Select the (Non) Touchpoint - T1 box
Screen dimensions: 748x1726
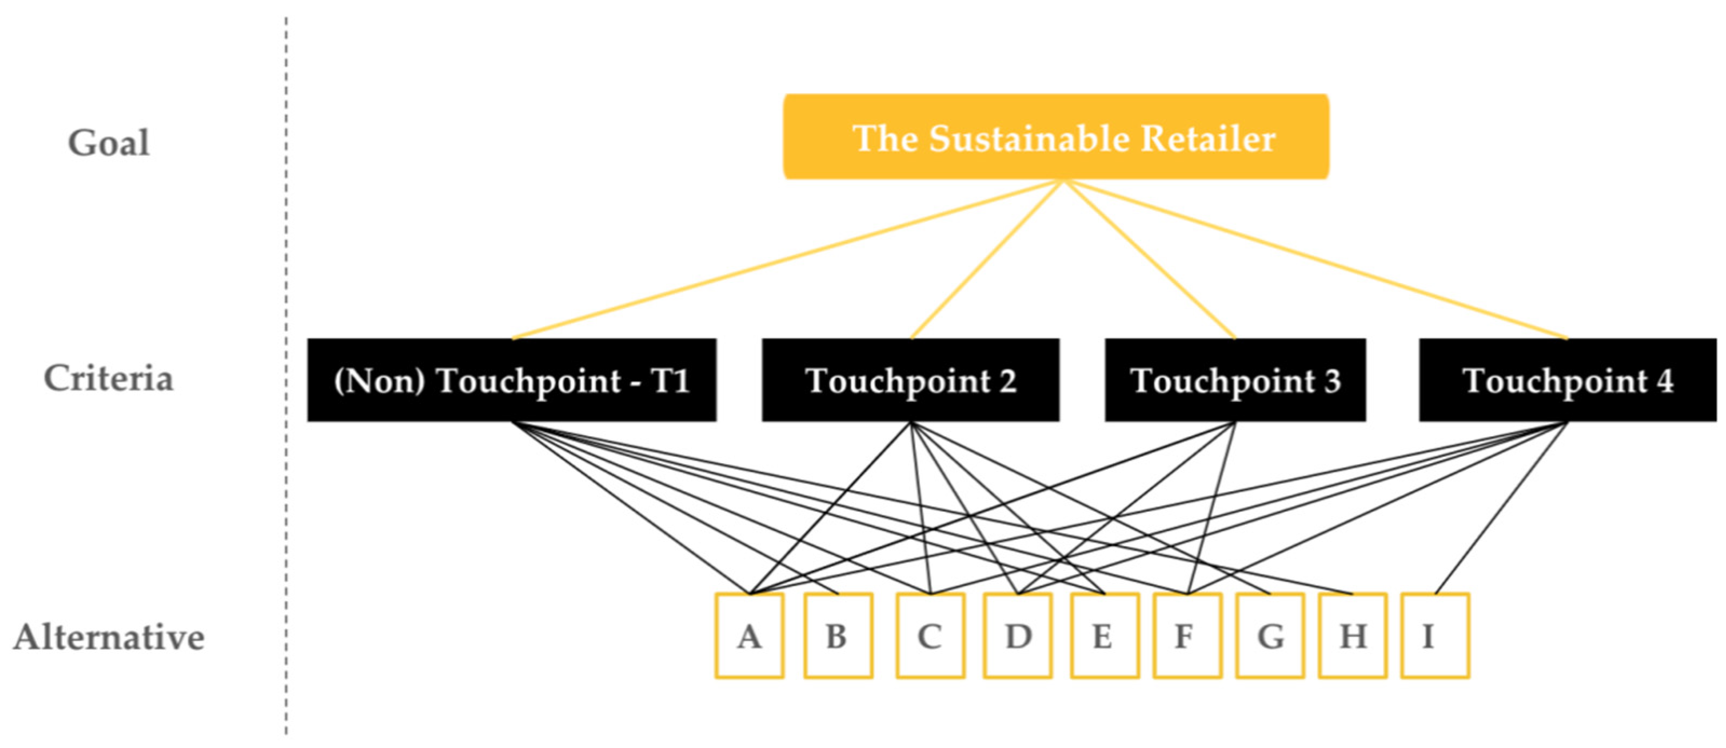(x=511, y=380)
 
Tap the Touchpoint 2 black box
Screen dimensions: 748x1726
(x=910, y=380)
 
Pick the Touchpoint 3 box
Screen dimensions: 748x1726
(x=1235, y=380)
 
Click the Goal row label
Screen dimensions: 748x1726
(x=108, y=142)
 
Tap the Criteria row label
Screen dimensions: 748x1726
(x=108, y=379)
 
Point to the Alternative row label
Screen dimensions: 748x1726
(x=108, y=637)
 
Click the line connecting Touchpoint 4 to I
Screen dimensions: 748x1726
(x=1501, y=507)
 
